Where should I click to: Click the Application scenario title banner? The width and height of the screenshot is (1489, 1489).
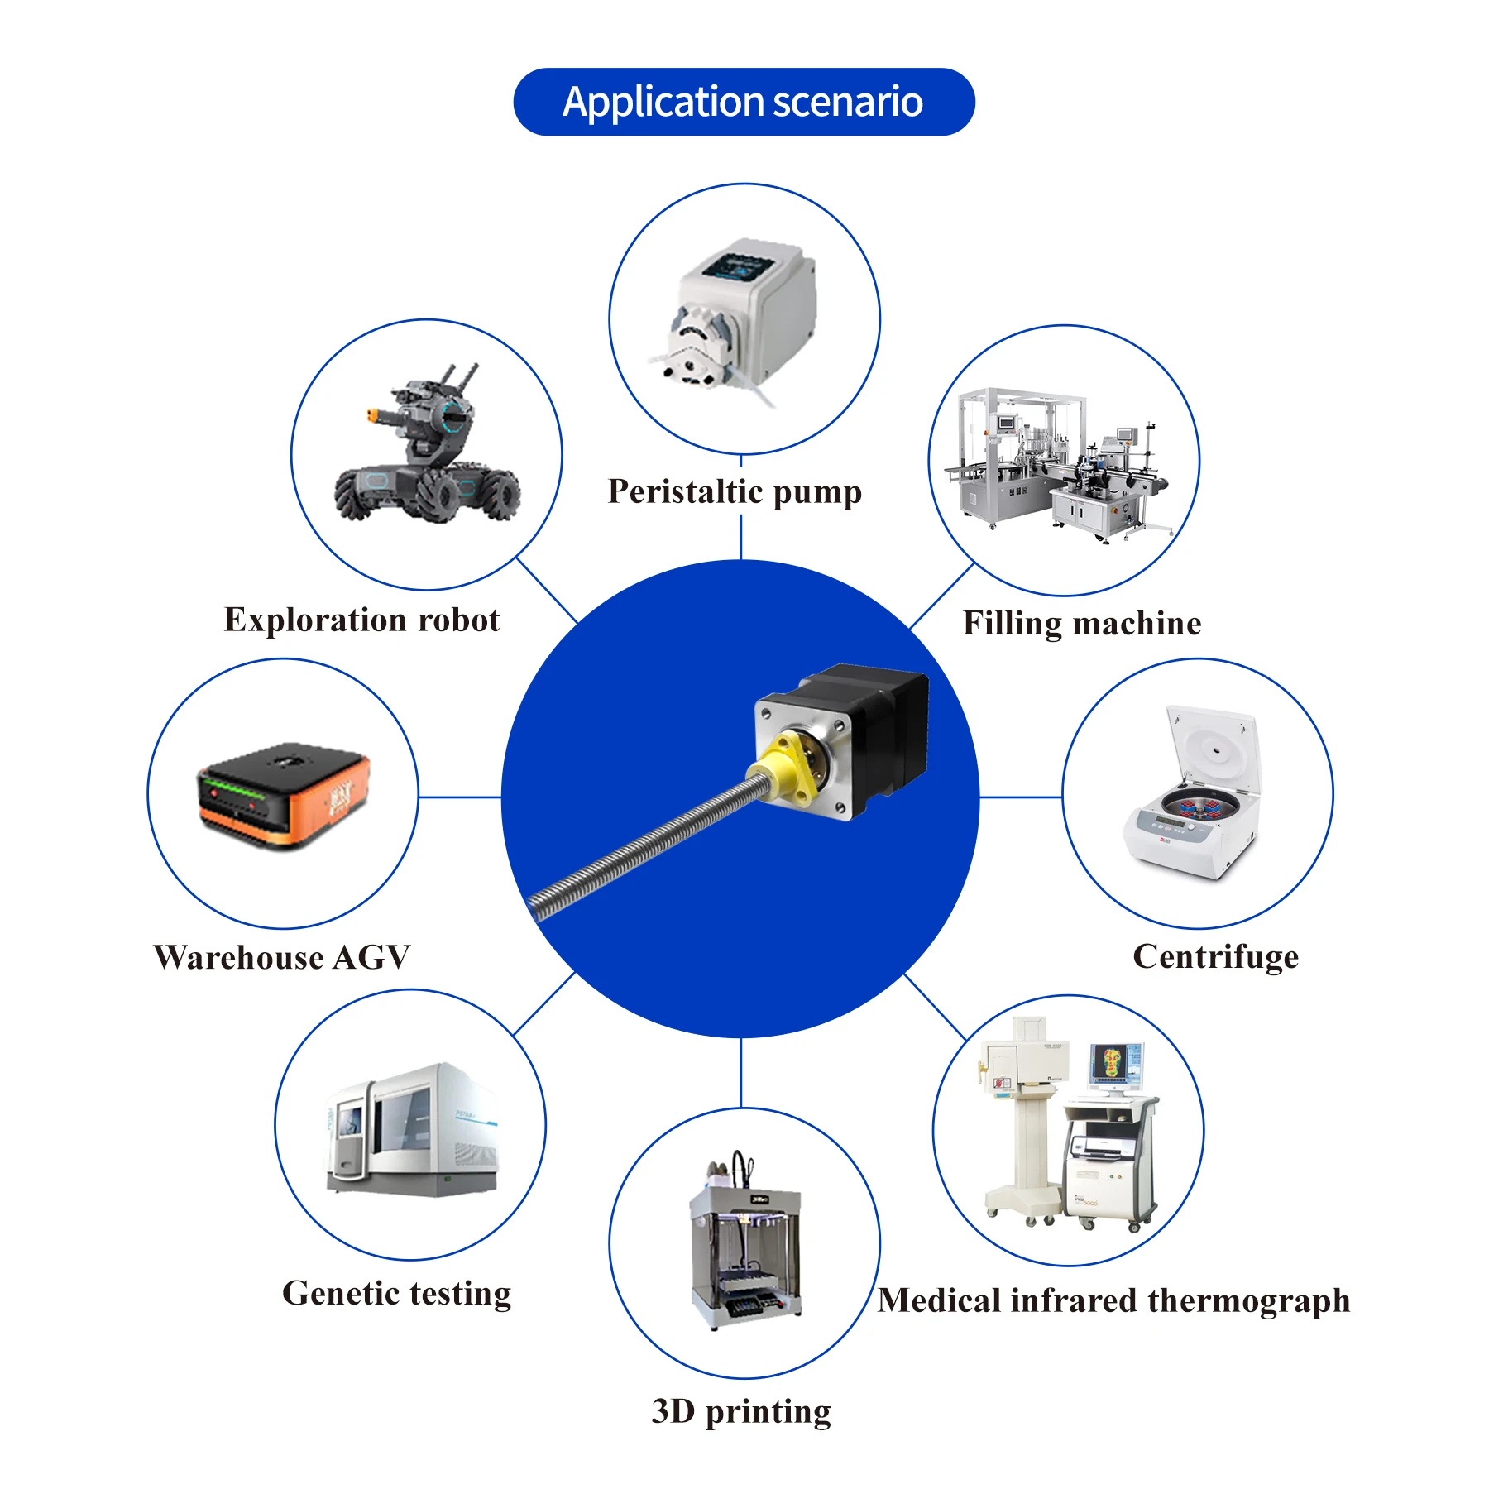(x=743, y=102)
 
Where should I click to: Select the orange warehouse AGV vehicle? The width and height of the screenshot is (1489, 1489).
(x=283, y=794)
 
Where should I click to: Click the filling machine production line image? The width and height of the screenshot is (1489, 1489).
(x=1063, y=463)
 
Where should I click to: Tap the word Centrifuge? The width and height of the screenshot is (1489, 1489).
(x=1215, y=956)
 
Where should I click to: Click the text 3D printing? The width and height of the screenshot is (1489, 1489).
(x=741, y=1411)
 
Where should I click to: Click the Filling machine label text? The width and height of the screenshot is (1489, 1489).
(x=1081, y=623)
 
